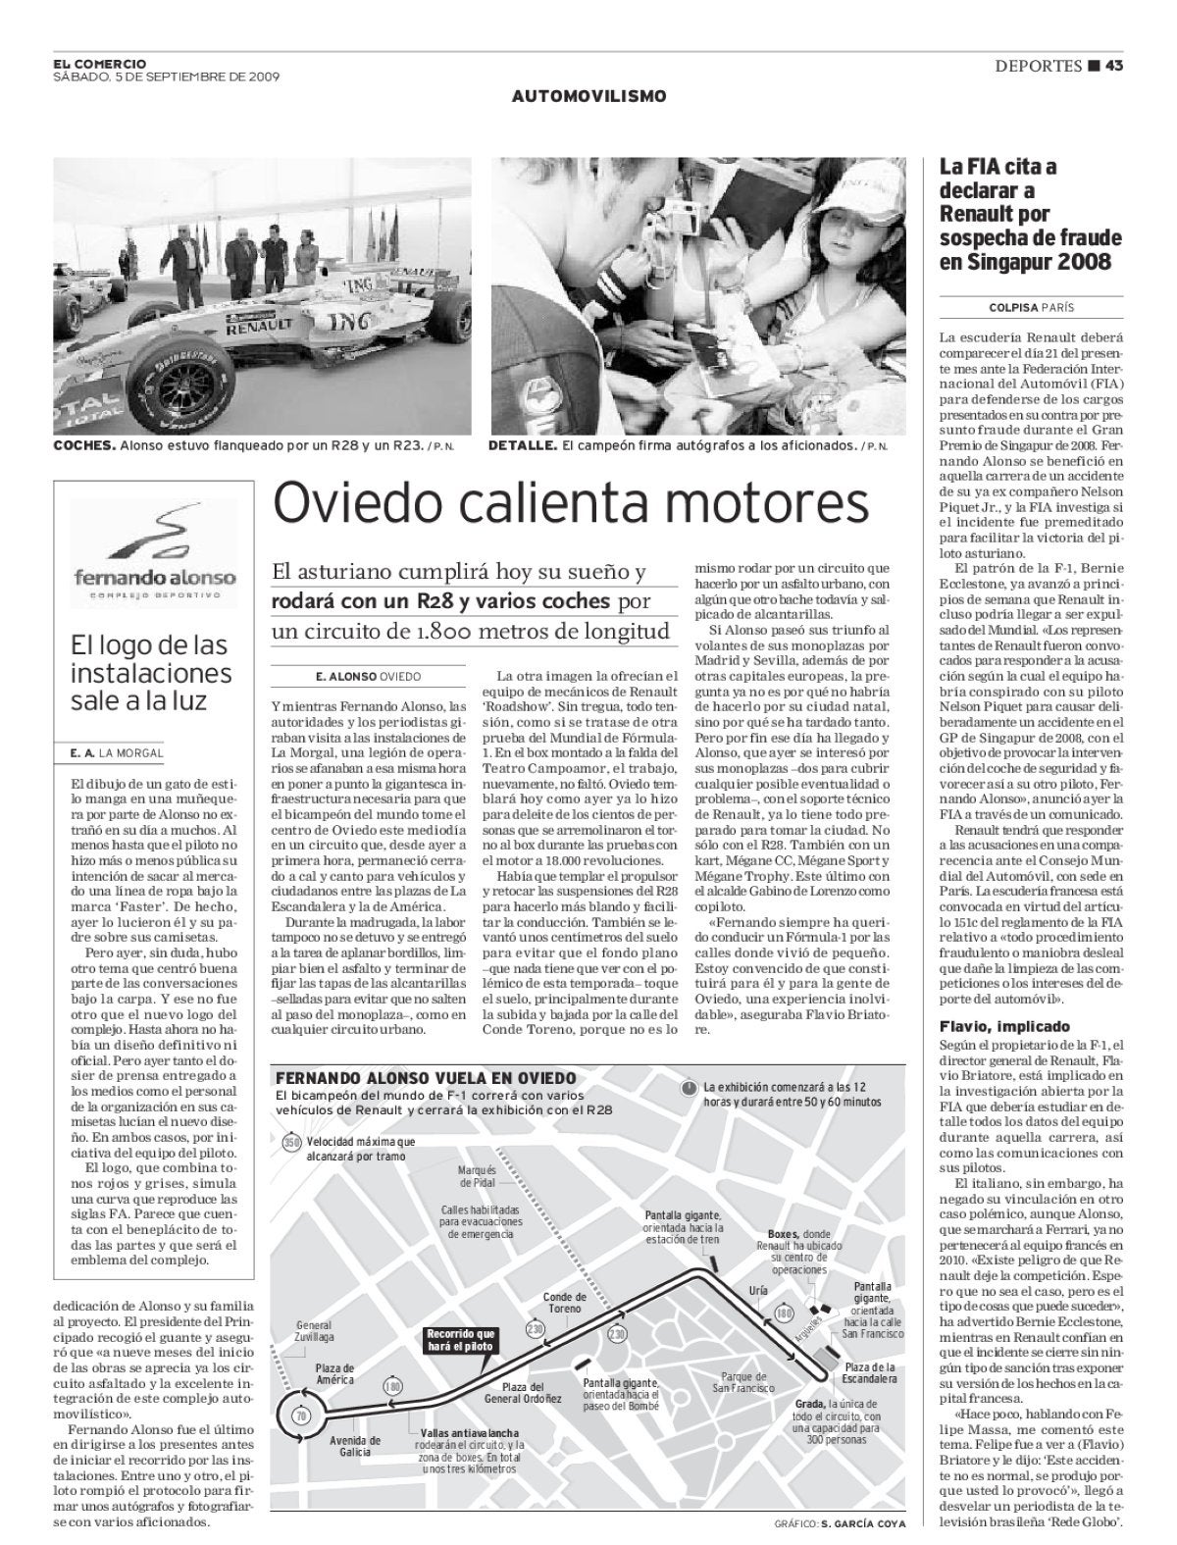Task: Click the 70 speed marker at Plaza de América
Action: pyautogui.click(x=300, y=1417)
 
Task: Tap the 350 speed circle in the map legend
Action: pyautogui.click(x=290, y=1142)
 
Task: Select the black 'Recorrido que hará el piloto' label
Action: pyautogui.click(x=461, y=1341)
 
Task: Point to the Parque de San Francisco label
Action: pyautogui.click(x=742, y=1381)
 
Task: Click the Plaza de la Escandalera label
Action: pyautogui.click(x=870, y=1371)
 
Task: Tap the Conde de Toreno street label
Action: pyautogui.click(x=564, y=1302)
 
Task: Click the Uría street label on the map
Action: pyautogui.click(x=756, y=1290)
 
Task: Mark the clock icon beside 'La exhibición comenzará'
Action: pyautogui.click(x=690, y=1088)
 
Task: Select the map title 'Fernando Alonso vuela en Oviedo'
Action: pyautogui.click(x=425, y=1078)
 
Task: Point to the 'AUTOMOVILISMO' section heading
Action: pyautogui.click(x=588, y=96)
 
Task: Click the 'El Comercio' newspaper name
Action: pyautogui.click(x=100, y=64)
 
